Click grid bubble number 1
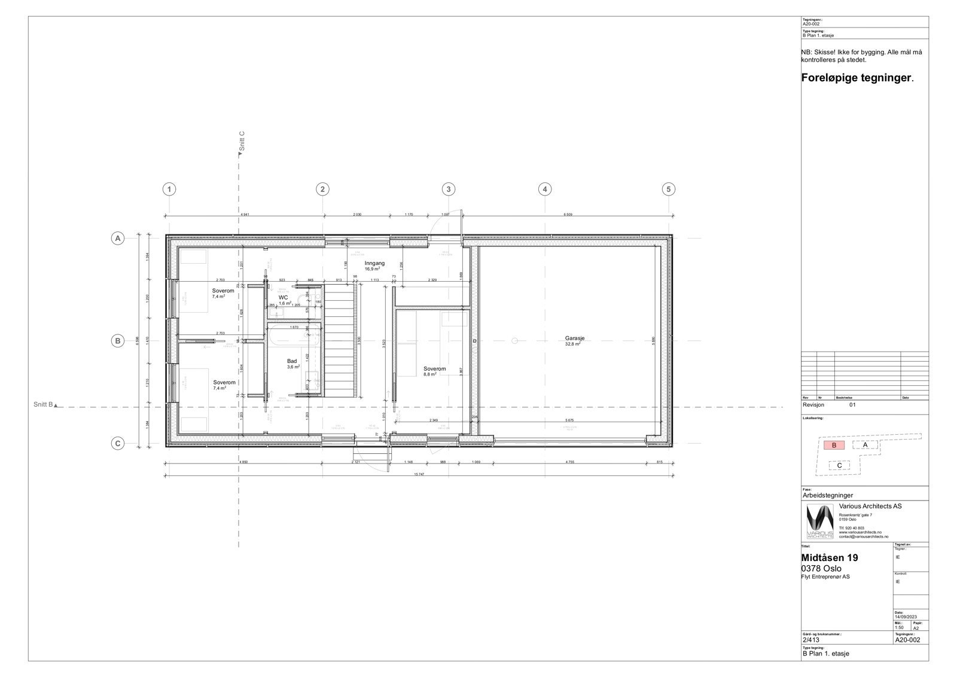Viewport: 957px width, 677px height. pyautogui.click(x=170, y=190)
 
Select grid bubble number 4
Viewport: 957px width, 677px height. pyautogui.click(x=544, y=190)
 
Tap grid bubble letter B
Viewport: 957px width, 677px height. pyautogui.click(x=118, y=341)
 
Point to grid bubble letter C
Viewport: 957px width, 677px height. pyautogui.click(x=118, y=443)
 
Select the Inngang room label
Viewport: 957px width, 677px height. pyautogui.click(x=374, y=263)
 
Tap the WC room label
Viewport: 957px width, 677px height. pyautogui.click(x=283, y=297)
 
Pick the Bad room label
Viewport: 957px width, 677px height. pyautogui.click(x=292, y=361)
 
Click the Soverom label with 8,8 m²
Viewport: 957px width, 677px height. pyautogui.click(x=434, y=369)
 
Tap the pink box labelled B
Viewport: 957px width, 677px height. pyautogui.click(x=834, y=445)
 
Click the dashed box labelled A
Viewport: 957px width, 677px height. pyautogui.click(x=865, y=444)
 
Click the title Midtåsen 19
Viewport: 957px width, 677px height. pyautogui.click(x=830, y=557)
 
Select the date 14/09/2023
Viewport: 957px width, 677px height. pyautogui.click(x=905, y=617)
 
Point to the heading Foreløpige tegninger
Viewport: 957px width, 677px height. pyautogui.click(x=857, y=78)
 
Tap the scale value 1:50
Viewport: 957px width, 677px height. pyautogui.click(x=899, y=628)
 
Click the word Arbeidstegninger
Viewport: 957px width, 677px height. pyautogui.click(x=827, y=495)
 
